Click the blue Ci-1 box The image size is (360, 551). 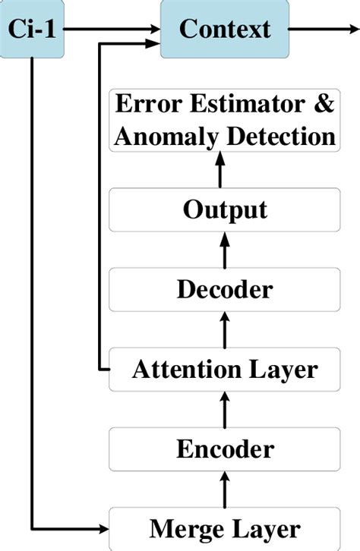coord(31,29)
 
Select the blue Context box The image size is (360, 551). coord(224,29)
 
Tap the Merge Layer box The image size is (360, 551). coord(224,528)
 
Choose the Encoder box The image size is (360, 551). coord(224,449)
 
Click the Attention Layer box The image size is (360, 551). coord(224,370)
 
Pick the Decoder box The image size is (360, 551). coord(224,289)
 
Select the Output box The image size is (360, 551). coord(224,209)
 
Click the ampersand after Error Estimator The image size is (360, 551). coord(324,105)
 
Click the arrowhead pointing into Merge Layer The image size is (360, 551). coord(102,528)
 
